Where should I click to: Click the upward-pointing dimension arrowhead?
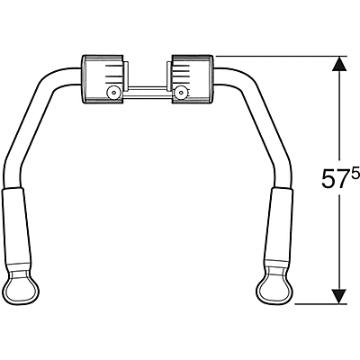pyautogui.click(x=339, y=64)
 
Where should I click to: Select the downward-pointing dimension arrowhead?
pyautogui.click(x=339, y=296)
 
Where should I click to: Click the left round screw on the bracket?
pyautogui.click(x=113, y=93)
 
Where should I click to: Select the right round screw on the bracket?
pyautogui.click(x=180, y=93)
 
